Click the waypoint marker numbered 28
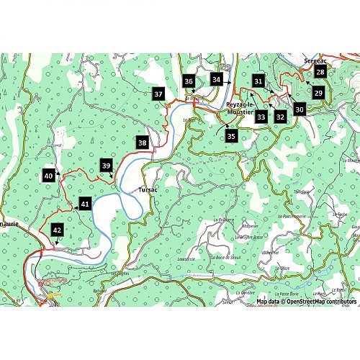pyautogui.click(x=320, y=72)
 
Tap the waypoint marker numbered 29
pyautogui.click(x=318, y=93)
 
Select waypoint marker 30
pyautogui.click(x=300, y=109)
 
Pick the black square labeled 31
pyautogui.click(x=259, y=81)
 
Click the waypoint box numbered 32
pyautogui.click(x=281, y=115)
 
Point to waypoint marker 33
pyautogui.click(x=261, y=116)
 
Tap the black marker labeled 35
pyautogui.click(x=231, y=135)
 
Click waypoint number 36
pyautogui.click(x=189, y=82)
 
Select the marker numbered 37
pyautogui.click(x=158, y=94)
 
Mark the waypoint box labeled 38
pyautogui.click(x=143, y=143)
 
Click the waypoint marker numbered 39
pyautogui.click(x=107, y=166)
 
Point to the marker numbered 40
pyautogui.click(x=48, y=176)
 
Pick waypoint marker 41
pyautogui.click(x=85, y=204)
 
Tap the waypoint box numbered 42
pyautogui.click(x=57, y=230)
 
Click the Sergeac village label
pyautogui.click(x=316, y=62)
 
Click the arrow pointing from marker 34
pyautogui.click(x=228, y=83)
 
